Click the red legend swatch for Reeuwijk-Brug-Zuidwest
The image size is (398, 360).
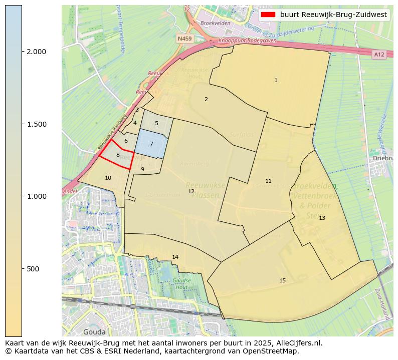tap(268, 15)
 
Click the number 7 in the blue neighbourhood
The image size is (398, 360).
tap(151, 144)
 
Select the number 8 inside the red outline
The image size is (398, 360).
tap(118, 155)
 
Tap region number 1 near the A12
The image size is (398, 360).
tap(276, 80)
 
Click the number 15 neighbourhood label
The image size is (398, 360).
tap(282, 280)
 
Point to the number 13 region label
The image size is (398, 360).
tap(322, 218)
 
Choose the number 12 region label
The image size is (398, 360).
tap(191, 191)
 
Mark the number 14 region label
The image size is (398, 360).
tap(175, 257)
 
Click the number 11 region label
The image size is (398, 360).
tap(268, 181)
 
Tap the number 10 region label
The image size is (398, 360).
tap(108, 178)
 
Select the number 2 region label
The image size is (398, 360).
tap(206, 99)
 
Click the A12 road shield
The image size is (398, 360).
tap(378, 54)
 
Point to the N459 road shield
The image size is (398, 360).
tap(184, 38)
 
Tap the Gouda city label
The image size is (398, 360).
tap(94, 331)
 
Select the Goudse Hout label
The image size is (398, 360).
tap(181, 284)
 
